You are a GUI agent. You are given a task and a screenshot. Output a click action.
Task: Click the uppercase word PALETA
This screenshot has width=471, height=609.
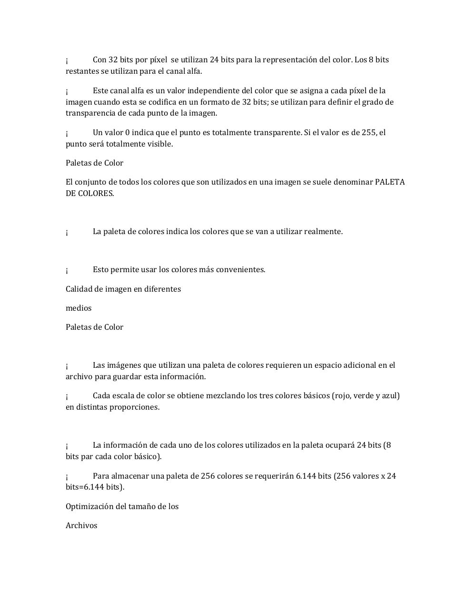pyautogui.click(x=390, y=182)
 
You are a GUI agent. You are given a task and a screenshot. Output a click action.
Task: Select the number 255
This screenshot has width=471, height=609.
pyautogui.click(x=369, y=132)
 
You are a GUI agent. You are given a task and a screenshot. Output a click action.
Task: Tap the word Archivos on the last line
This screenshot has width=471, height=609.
pyautogui.click(x=81, y=525)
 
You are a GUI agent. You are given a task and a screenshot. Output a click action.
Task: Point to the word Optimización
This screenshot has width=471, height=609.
pyautogui.click(x=89, y=506)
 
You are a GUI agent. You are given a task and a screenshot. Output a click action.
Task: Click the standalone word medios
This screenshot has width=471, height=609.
pyautogui.click(x=78, y=308)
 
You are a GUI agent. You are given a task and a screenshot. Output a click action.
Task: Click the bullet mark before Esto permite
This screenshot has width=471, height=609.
pyautogui.click(x=67, y=270)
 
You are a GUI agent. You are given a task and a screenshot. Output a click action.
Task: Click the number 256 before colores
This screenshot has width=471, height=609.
pyautogui.click(x=207, y=476)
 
